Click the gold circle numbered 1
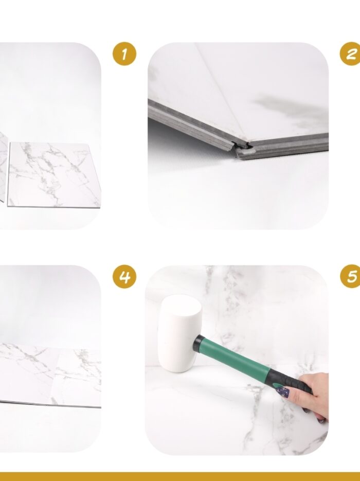[124, 54]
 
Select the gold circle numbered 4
[124, 276]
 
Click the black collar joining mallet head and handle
[199, 344]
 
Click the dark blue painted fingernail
[283, 391]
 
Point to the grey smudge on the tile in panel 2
[288, 111]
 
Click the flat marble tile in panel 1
[54, 174]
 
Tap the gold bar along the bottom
[180, 477]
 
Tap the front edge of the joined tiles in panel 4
[50, 404]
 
